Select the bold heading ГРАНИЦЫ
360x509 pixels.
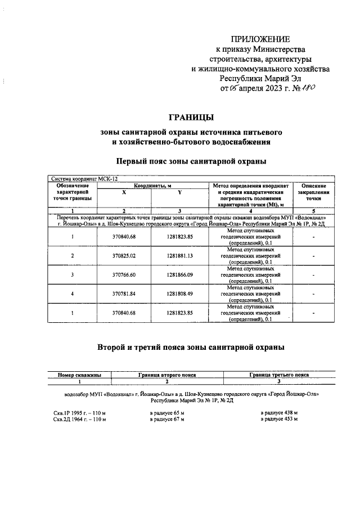pyautogui.click(x=191, y=117)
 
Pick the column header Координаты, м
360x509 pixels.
pyautogui.click(x=152, y=186)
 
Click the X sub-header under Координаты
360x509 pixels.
pyautogui.click(x=124, y=192)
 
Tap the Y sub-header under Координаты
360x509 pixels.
pyautogui.click(x=180, y=192)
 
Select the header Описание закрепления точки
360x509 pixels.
pyautogui.click(x=314, y=192)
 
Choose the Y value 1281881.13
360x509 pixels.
pyautogui.click(x=180, y=256)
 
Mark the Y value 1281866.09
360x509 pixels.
pyautogui.click(x=180, y=274)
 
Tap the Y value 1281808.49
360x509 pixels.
pyautogui.click(x=180, y=293)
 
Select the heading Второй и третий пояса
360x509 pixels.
pyautogui.click(x=191, y=347)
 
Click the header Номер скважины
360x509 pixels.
pyautogui.click(x=80, y=374)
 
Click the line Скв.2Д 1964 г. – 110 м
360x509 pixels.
pyautogui.click(x=79, y=419)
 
